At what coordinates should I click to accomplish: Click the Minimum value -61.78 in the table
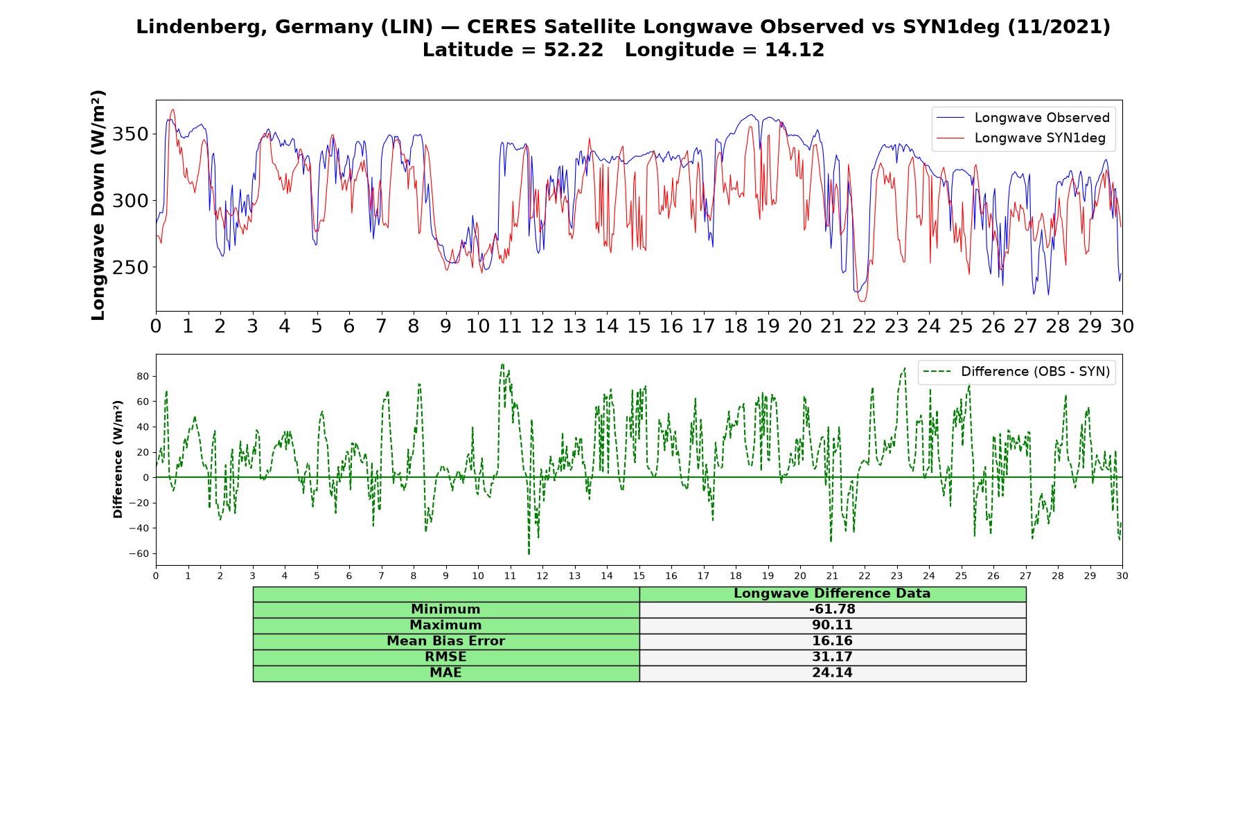832,609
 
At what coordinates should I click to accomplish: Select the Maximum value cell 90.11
832,625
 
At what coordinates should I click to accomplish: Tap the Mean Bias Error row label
445,641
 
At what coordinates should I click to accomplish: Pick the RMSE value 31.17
832,657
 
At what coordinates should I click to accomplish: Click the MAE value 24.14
832,673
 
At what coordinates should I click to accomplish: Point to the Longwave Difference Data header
832,593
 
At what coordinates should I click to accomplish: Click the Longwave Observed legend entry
1023,118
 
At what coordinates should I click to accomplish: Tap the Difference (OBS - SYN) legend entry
1016,372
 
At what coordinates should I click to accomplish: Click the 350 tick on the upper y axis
130,134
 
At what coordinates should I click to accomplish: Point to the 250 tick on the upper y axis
130,267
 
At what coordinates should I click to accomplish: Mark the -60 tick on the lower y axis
140,554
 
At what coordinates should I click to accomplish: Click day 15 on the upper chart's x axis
639,326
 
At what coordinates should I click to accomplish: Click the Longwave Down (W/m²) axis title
98,205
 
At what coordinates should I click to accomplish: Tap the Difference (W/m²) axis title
118,459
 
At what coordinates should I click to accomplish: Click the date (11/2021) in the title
1059,27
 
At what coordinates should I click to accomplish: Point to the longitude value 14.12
795,50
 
